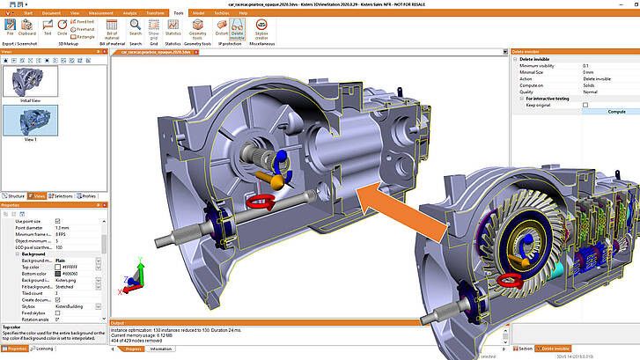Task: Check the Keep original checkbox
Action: [585, 104]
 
